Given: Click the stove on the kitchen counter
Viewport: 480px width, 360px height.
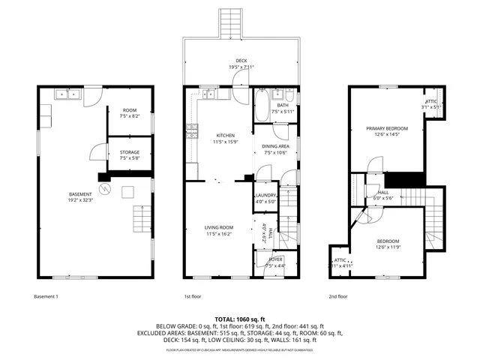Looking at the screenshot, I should pyautogui.click(x=193, y=135).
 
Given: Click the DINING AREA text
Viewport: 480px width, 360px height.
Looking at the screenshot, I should pyautogui.click(x=275, y=146).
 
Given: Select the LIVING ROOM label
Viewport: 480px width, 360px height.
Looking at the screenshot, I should pyautogui.click(x=219, y=227).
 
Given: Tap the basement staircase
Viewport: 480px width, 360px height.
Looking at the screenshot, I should pyautogui.click(x=142, y=220).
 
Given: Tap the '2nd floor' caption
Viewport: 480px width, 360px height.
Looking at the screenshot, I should pyautogui.click(x=337, y=296).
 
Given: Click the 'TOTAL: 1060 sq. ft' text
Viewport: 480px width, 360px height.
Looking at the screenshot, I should pyautogui.click(x=240, y=319).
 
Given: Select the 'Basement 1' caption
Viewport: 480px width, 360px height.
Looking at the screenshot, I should pyautogui.click(x=46, y=296).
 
